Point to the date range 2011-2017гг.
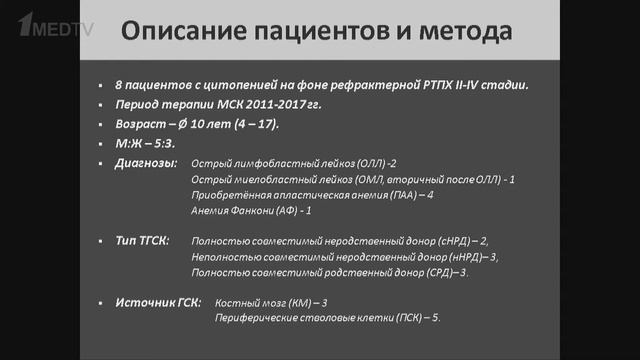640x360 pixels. click(x=273, y=105)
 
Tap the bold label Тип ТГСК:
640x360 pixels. click(x=144, y=241)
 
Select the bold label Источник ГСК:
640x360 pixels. click(x=159, y=301)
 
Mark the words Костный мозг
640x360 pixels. click(x=249, y=302)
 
